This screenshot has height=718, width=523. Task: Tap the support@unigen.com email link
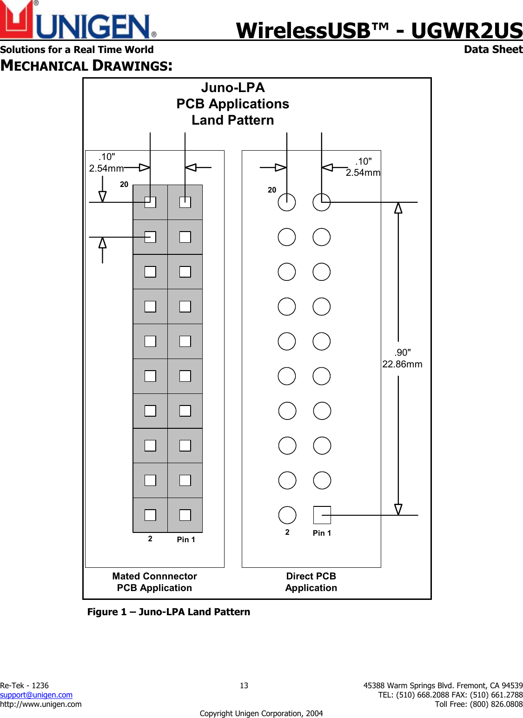coord(36,695)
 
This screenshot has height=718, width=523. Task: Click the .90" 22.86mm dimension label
coord(402,359)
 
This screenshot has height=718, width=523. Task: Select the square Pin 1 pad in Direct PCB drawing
coord(322,515)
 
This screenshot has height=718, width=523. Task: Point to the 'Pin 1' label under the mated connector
coord(186,539)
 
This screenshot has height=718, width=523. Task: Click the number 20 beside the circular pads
coord(272,190)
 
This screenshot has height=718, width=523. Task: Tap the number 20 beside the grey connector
coord(124,184)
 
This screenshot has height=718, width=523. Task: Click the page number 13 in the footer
coord(244,685)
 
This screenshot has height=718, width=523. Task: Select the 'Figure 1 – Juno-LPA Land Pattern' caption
coord(169,612)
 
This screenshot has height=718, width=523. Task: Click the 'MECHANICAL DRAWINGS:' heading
coord(86,66)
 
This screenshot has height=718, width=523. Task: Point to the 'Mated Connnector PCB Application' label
coord(155,582)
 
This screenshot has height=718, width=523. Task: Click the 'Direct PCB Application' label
coord(311,582)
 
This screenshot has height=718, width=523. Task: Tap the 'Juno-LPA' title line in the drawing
coord(233,87)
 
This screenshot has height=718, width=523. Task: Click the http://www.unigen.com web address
coord(41,704)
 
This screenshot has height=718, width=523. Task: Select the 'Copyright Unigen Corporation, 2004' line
coord(261,713)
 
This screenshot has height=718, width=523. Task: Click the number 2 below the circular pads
coord(287,532)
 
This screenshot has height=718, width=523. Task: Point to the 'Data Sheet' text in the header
coord(493,49)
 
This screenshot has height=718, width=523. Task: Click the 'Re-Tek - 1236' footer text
coord(24,685)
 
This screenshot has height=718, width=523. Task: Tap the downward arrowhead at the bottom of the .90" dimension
coord(398,509)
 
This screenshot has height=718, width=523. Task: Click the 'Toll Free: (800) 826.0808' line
coord(479,704)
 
